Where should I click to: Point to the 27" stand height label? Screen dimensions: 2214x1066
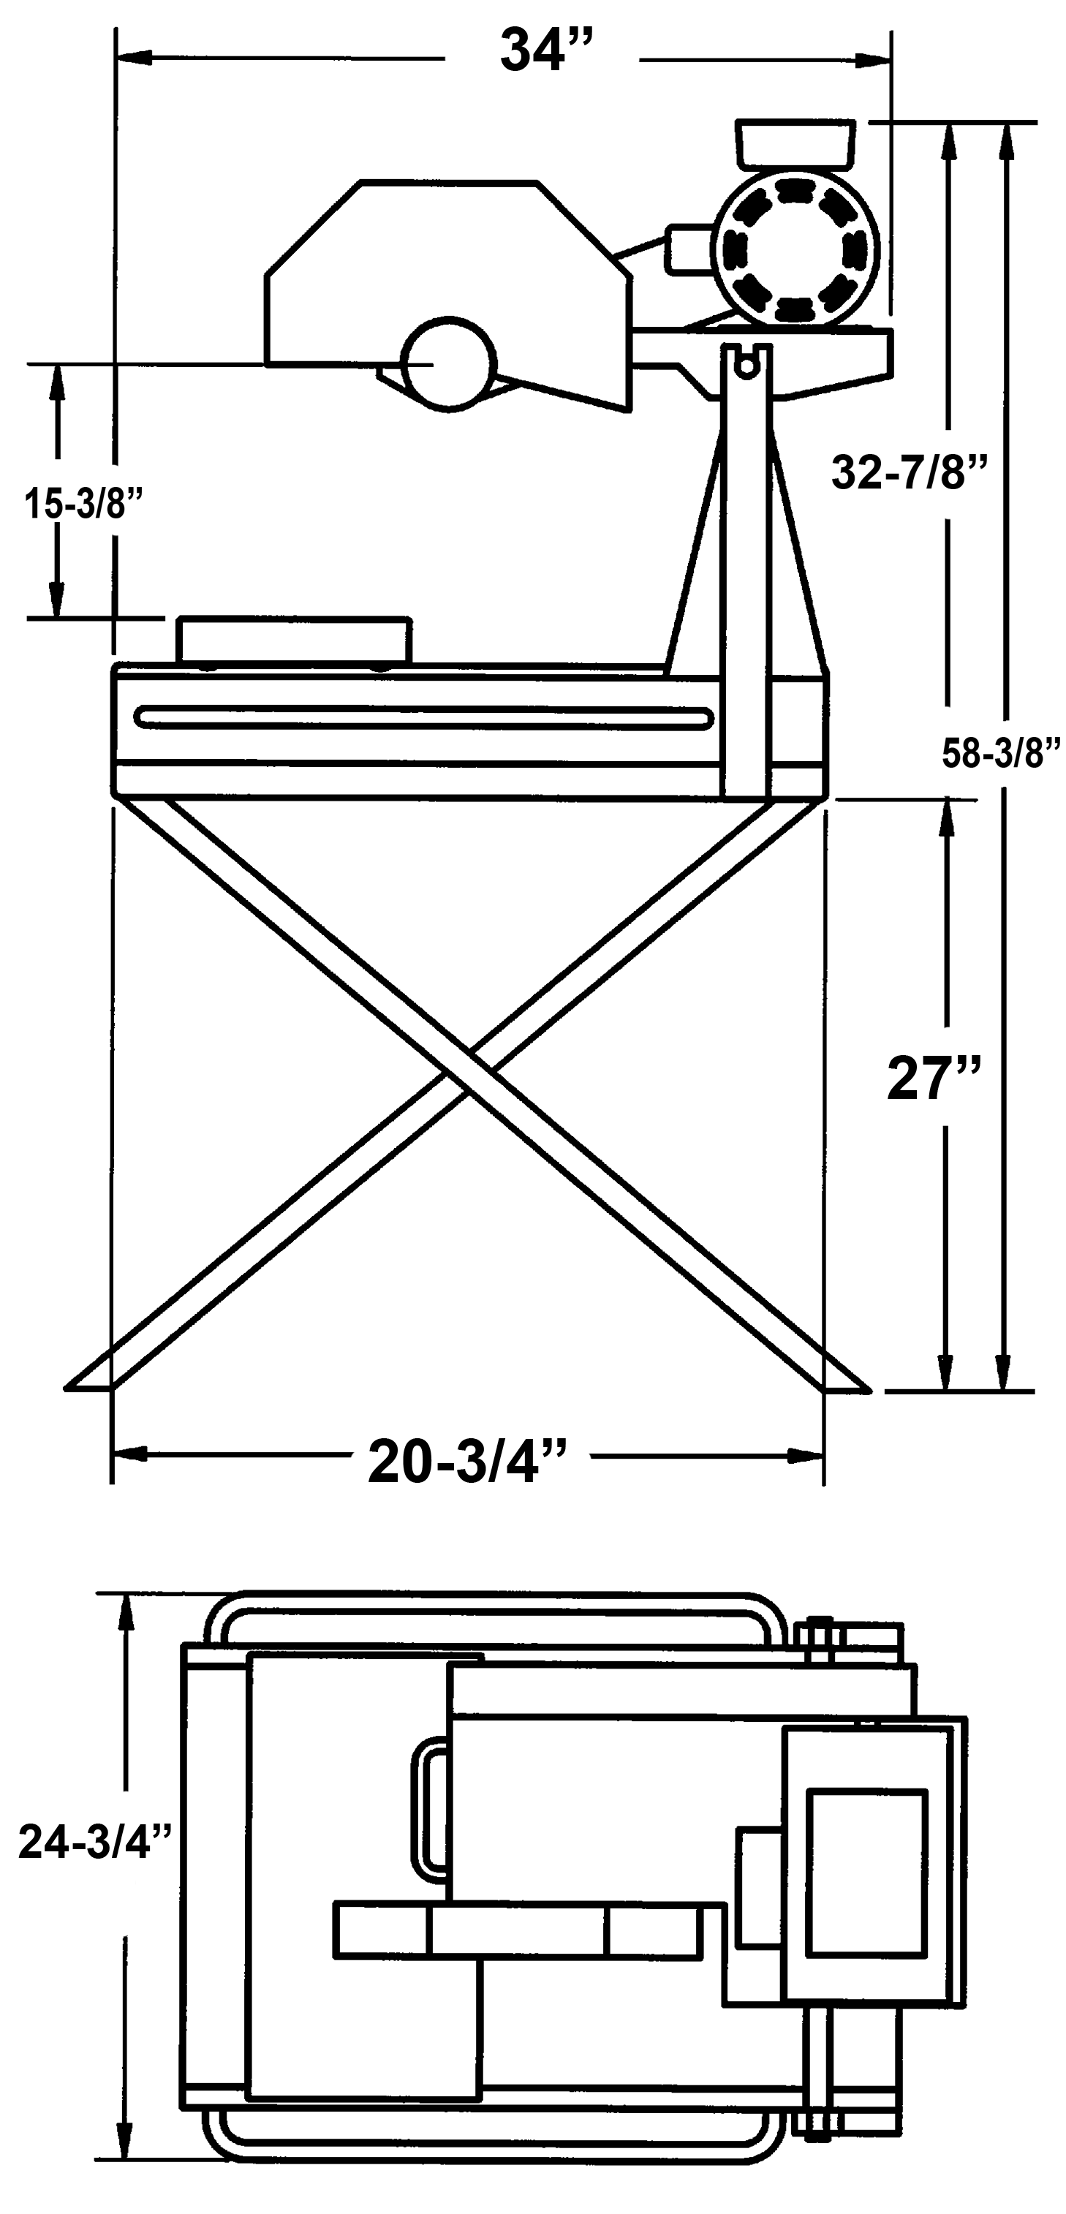pyautogui.click(x=934, y=1078)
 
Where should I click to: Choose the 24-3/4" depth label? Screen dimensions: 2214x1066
pyautogui.click(x=97, y=1843)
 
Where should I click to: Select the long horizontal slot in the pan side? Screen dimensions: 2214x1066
pyautogui.click(x=423, y=717)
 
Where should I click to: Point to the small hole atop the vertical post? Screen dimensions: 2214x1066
pyautogui.click(x=747, y=367)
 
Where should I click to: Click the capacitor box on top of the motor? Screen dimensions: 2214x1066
pyautogui.click(x=795, y=143)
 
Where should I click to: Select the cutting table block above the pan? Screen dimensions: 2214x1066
pyautogui.click(x=293, y=641)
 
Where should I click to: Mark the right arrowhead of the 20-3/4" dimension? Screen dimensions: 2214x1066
pyautogui.click(x=807, y=1456)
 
